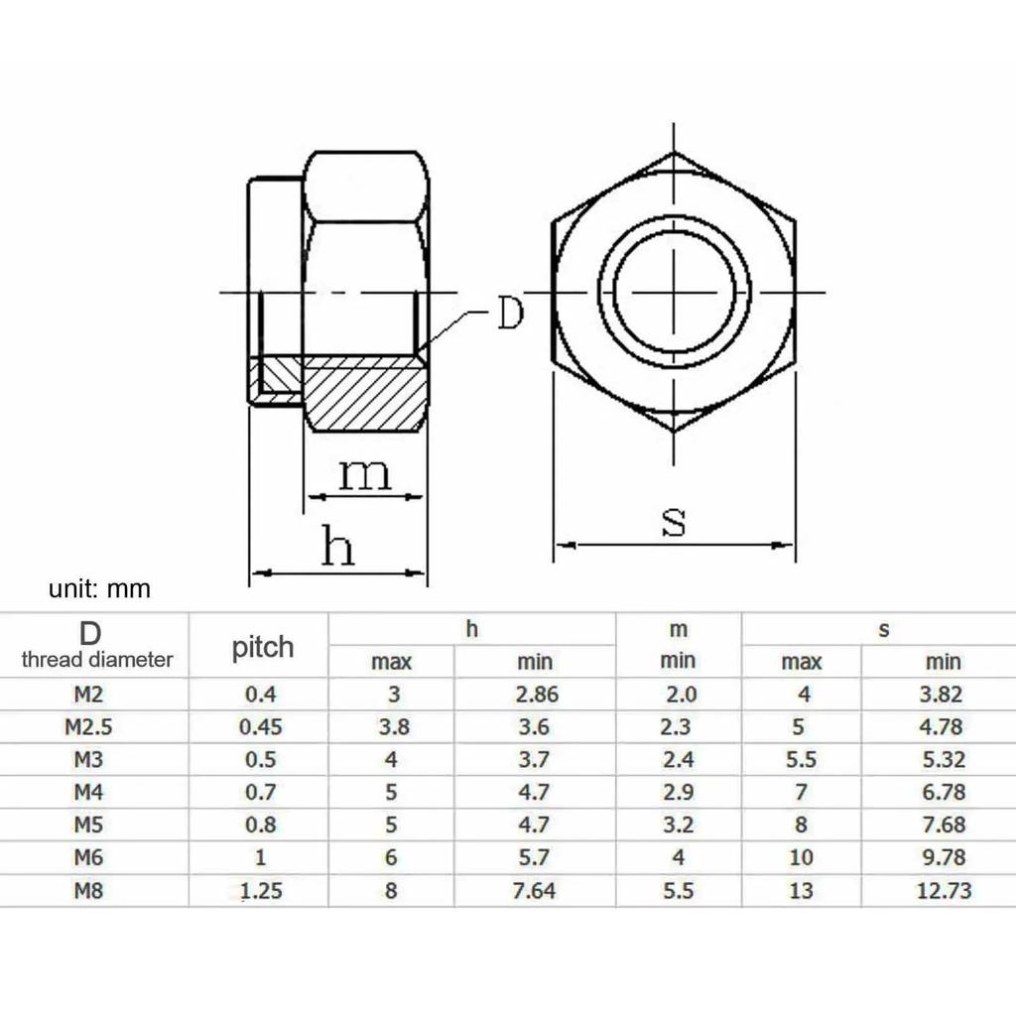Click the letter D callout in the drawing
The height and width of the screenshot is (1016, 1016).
tap(509, 315)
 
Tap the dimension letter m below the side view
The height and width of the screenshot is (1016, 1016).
tap(364, 474)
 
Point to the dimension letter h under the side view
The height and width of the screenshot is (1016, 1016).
tap(337, 547)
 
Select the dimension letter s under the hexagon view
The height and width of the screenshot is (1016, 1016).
tap(674, 521)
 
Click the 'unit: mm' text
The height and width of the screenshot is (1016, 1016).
tap(99, 589)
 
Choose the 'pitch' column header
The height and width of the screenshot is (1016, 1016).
tap(262, 648)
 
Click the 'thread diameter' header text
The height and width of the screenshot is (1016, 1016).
tap(97, 659)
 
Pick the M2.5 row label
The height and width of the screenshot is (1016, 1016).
tap(89, 726)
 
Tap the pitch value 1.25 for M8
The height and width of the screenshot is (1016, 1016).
tap(261, 891)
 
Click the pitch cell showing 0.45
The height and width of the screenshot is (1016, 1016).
tap(261, 726)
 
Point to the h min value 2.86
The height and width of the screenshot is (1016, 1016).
tap(537, 695)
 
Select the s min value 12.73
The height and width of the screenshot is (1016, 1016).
tap(944, 891)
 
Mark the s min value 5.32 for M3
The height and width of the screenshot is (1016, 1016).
tap(942, 760)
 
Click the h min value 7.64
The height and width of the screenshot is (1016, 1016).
tap(534, 891)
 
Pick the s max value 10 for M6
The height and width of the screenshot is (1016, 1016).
tap(801, 858)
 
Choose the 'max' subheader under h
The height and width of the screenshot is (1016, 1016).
tap(392, 662)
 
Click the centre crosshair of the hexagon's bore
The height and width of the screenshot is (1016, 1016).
tap(675, 293)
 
